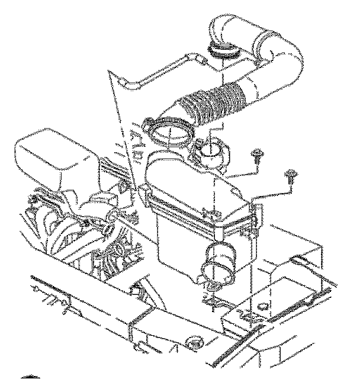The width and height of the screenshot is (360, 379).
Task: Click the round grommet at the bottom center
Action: tap(194, 342)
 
